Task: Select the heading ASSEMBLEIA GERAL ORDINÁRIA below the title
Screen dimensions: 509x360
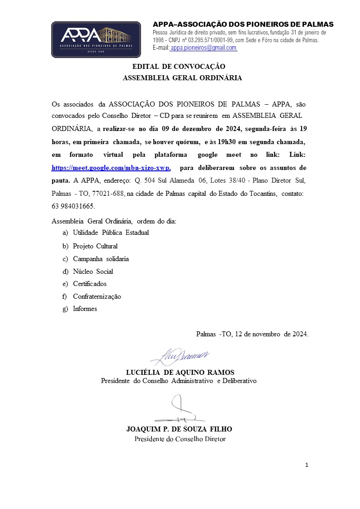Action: tap(182, 78)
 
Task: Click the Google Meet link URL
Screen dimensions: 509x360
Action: tap(111, 168)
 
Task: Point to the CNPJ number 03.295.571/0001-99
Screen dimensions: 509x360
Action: tap(205, 40)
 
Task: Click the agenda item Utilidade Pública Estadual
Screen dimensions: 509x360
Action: tap(111, 233)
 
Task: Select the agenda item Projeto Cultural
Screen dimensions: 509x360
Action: tap(95, 246)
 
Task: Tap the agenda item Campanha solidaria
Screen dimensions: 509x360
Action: tap(101, 259)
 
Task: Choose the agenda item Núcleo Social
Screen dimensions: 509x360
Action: tap(93, 271)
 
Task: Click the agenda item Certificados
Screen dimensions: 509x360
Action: tap(90, 284)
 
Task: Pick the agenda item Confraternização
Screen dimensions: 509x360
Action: tap(97, 296)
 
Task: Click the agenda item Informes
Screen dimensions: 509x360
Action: tap(85, 309)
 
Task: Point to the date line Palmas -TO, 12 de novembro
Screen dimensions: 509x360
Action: tap(252, 334)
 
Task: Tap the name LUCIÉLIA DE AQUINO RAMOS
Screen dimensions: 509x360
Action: tap(180, 373)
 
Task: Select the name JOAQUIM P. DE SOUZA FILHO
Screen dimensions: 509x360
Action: tap(179, 429)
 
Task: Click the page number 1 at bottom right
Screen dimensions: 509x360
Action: tap(307, 465)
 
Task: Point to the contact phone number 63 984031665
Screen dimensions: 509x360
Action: tap(73, 206)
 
